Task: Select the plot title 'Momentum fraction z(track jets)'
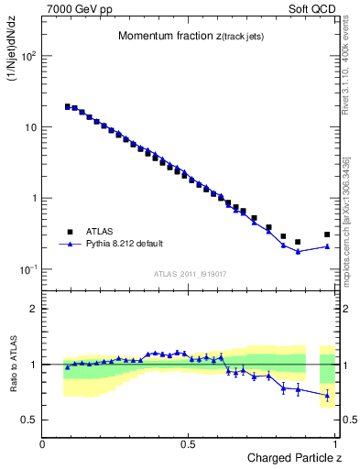pyautogui.click(x=190, y=36)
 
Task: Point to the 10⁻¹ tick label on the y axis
pyautogui.click(x=27, y=269)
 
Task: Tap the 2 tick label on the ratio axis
pyautogui.click(x=33, y=309)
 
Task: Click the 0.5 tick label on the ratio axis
pyautogui.click(x=29, y=420)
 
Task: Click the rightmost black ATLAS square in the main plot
pyautogui.click(x=327, y=234)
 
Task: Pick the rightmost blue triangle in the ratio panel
pyautogui.click(x=327, y=396)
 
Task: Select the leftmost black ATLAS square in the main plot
pyautogui.click(x=68, y=106)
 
